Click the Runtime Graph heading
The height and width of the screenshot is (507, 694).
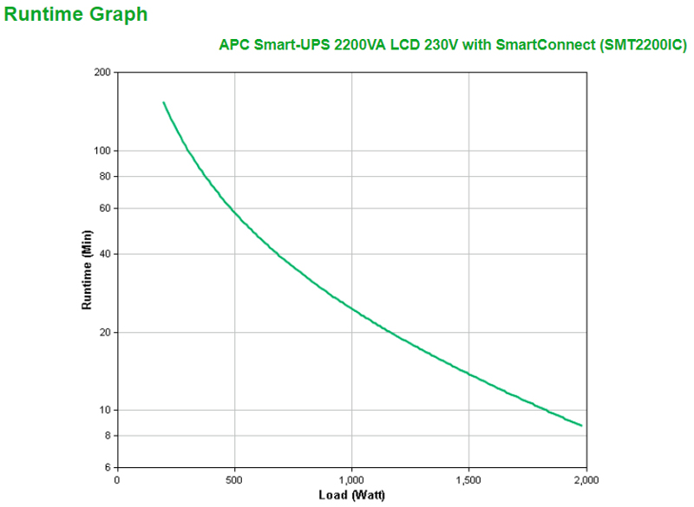pos(75,15)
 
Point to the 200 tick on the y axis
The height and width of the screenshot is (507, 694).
pos(102,73)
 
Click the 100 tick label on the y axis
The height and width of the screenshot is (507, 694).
pos(102,151)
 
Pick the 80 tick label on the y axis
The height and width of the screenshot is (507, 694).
pos(105,176)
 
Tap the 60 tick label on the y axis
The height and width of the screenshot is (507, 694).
pos(105,208)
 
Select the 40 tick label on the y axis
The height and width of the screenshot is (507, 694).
pos(105,254)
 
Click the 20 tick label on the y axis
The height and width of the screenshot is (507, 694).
pos(105,332)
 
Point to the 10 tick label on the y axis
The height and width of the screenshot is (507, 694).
pos(105,410)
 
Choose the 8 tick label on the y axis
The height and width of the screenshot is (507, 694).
pos(108,435)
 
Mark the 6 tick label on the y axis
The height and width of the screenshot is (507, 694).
pos(108,467)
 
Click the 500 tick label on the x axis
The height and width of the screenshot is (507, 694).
pos(234,479)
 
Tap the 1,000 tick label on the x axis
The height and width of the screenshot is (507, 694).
pos(351,479)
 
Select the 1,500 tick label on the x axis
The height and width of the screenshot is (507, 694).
pos(468,479)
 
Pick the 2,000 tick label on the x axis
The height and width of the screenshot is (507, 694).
pos(586,479)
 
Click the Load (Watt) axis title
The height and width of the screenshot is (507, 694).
pos(351,496)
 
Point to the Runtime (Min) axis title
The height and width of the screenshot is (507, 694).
pos(87,270)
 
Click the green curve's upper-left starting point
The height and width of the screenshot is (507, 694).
pos(164,102)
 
